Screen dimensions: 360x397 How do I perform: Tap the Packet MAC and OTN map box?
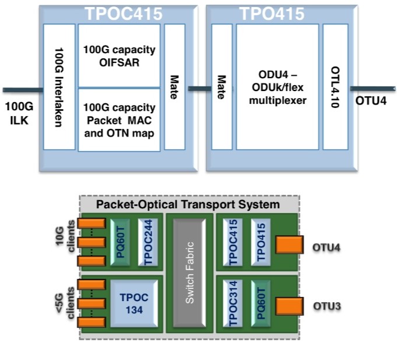point(119,120)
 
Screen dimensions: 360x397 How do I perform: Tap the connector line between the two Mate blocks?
point(198,89)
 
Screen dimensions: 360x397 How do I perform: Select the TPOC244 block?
point(146,240)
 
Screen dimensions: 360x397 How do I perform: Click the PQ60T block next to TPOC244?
point(121,240)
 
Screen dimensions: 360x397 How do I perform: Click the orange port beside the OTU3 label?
point(289,306)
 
